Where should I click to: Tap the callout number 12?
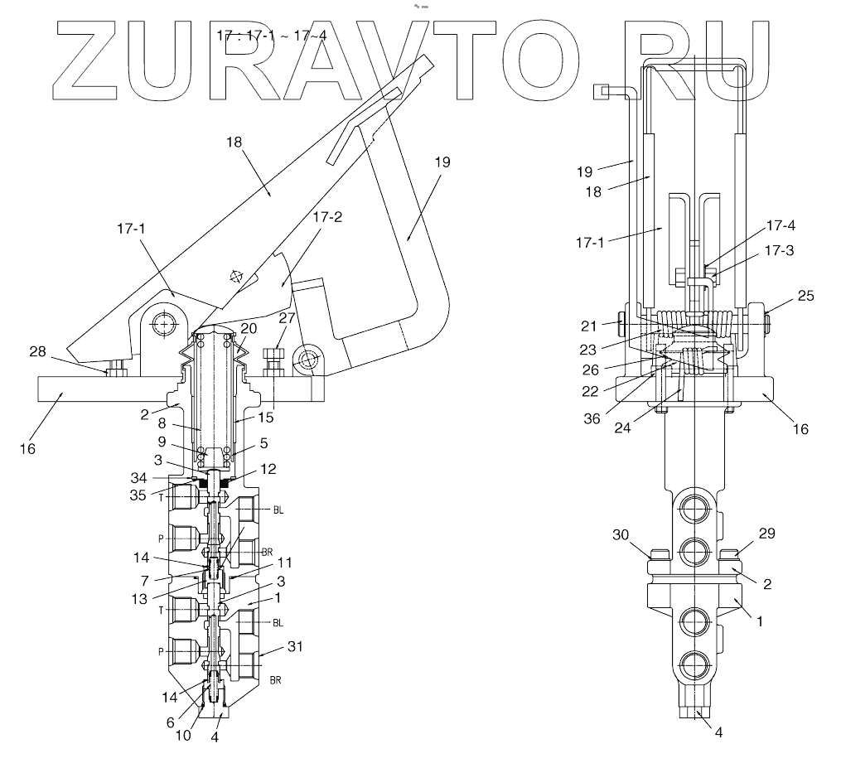268,468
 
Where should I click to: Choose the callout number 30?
622,535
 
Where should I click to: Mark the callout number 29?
767,534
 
